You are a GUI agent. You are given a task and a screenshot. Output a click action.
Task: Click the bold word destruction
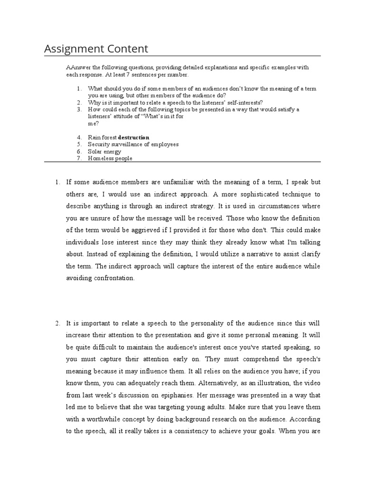tap(134, 137)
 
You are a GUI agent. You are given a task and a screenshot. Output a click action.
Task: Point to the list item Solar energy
tap(105, 151)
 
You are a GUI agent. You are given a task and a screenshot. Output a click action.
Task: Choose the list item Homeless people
tap(110, 158)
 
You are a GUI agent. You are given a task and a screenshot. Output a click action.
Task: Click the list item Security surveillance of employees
tap(133, 144)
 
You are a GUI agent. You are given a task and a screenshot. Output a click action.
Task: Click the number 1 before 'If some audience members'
tap(57, 182)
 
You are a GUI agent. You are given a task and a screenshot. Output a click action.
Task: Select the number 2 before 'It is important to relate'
tap(57, 323)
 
